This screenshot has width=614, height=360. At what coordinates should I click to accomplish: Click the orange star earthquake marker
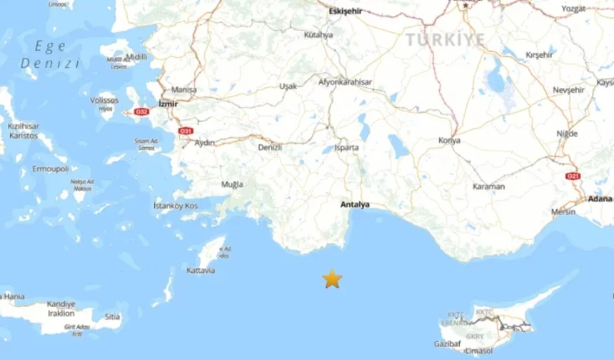[x=332, y=279]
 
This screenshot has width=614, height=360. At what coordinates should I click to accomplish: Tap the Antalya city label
[x=355, y=204]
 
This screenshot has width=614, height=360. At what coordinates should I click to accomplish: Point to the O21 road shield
[x=573, y=176]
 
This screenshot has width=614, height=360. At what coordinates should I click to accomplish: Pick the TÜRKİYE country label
[x=446, y=40]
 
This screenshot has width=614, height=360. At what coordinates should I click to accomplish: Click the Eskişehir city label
[x=346, y=11]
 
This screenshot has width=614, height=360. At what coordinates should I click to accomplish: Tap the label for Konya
[x=449, y=140]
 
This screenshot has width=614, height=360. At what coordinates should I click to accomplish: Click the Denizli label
[x=270, y=147]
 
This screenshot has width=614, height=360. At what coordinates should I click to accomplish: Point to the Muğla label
[x=232, y=184]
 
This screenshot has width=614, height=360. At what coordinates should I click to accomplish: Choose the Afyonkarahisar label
[x=346, y=82]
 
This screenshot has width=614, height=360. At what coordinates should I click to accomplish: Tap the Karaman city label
[x=488, y=186]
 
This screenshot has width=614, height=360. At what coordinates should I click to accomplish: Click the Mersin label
[x=563, y=211]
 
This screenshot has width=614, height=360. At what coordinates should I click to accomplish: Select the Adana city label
[x=600, y=199]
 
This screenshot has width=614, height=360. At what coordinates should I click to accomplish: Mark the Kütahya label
[x=318, y=34]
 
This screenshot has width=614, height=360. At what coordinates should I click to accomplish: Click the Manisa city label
[x=183, y=90]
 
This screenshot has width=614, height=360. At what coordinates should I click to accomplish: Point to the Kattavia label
[x=200, y=271]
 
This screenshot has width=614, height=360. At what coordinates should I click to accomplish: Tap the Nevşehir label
[x=569, y=90]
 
